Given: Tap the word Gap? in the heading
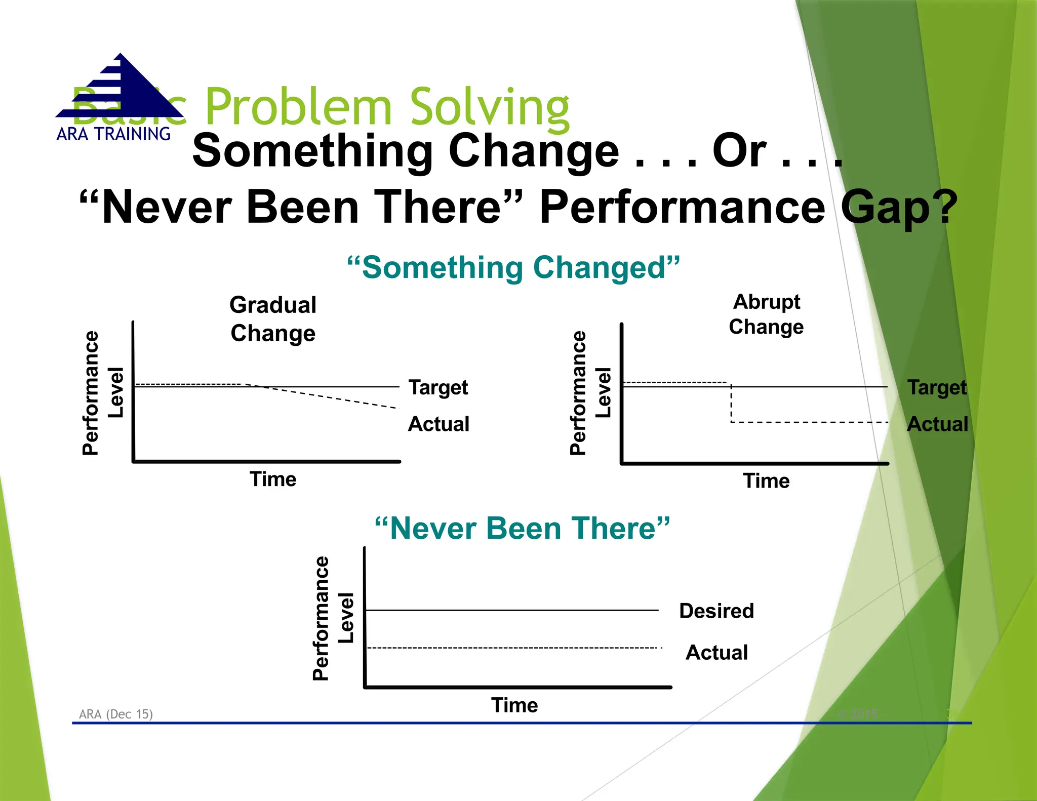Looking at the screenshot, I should click(899, 208).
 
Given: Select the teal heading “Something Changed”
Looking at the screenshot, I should click(513, 267).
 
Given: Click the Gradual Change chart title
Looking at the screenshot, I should click(273, 319).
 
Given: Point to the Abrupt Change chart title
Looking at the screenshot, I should click(766, 314).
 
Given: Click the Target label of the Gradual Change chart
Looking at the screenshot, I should click(438, 388).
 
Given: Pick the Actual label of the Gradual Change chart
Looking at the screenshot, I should click(438, 424).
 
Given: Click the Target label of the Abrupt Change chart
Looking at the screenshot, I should click(937, 388).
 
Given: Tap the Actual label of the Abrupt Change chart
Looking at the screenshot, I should click(937, 424).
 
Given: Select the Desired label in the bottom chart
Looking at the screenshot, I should click(716, 611).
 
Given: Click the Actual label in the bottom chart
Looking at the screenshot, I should click(716, 652).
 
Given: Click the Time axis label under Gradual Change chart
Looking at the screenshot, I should click(273, 479).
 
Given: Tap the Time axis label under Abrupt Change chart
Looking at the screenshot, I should click(766, 480).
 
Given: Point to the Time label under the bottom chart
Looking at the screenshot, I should click(514, 705).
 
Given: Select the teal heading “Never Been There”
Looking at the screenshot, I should click(522, 529).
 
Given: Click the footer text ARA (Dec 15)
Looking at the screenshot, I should click(116, 714).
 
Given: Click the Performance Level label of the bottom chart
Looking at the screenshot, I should click(333, 618).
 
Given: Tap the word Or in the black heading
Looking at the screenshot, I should click(739, 151).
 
